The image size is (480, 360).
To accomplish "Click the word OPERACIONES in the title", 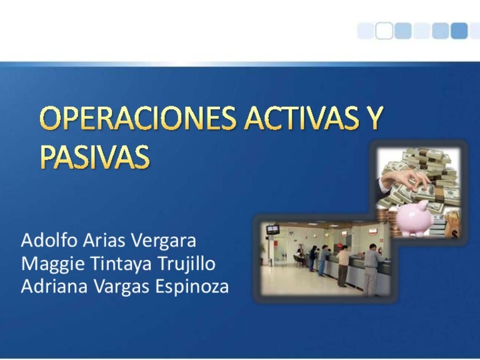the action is click(x=138, y=118).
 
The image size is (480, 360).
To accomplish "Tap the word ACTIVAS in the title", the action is click(x=302, y=118).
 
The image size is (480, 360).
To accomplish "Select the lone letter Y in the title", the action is click(x=374, y=118).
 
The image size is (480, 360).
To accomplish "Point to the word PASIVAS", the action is click(x=95, y=156).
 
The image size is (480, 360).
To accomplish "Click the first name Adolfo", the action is click(x=49, y=240).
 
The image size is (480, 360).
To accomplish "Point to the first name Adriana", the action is click(x=54, y=286).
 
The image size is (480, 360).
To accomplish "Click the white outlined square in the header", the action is click(x=384, y=31).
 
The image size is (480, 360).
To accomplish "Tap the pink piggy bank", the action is click(x=415, y=218).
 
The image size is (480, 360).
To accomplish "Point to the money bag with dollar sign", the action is click(x=452, y=224).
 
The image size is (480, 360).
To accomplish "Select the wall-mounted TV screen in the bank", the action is click(x=272, y=229).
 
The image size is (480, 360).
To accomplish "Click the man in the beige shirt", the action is click(x=343, y=266).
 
